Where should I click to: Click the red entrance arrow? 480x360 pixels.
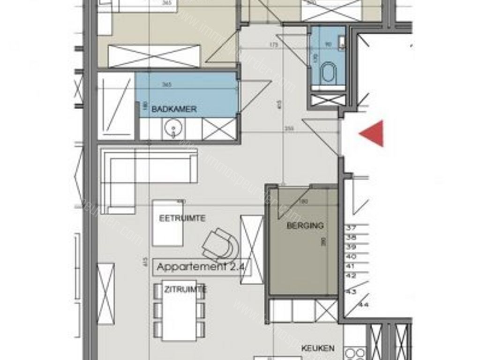[x=374, y=134]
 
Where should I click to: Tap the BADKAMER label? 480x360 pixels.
[x=174, y=109]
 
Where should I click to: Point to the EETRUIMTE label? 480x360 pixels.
[x=182, y=218]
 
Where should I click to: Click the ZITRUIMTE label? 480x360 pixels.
[x=185, y=289]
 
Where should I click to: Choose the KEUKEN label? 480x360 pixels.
[x=318, y=348]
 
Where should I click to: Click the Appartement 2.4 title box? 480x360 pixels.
[x=203, y=267]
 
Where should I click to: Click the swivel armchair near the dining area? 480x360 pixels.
[x=221, y=244]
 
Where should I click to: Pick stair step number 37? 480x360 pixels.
[x=351, y=228]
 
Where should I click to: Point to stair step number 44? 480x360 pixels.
[x=364, y=305]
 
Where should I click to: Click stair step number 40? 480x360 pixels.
[x=351, y=257]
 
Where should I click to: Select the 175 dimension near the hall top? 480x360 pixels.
[x=274, y=45]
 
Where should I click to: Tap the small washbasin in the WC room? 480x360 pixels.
[x=342, y=44]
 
